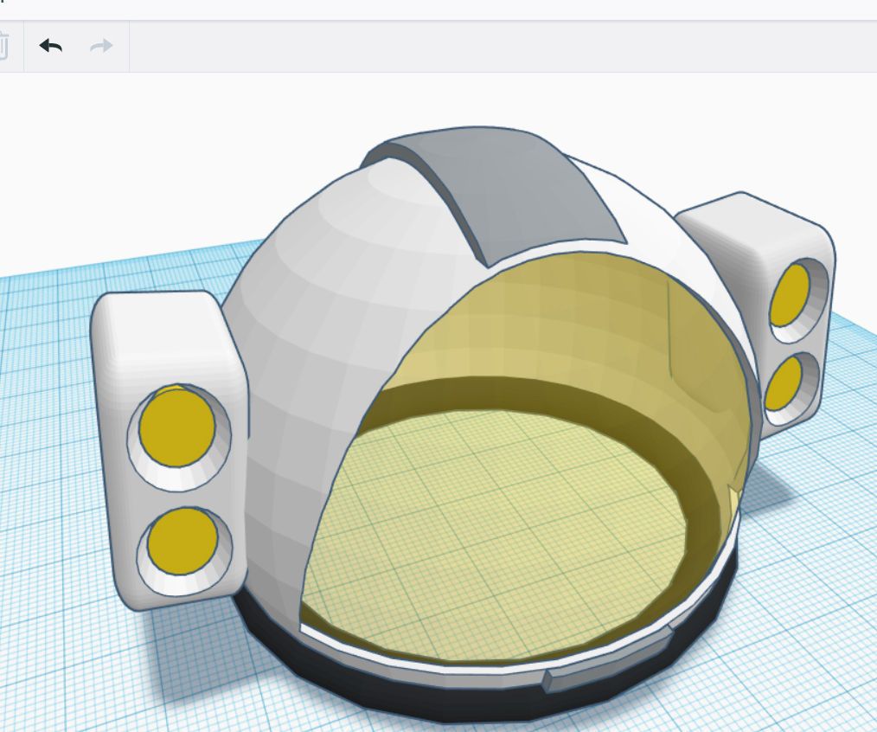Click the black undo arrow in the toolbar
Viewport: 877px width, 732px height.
pyautogui.click(x=51, y=46)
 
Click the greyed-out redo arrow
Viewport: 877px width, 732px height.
pyautogui.click(x=101, y=46)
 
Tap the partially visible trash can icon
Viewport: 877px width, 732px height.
pyautogui.click(x=3, y=46)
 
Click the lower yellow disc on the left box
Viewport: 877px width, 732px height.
pyautogui.click(x=182, y=539)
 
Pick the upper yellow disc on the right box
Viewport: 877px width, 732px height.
pyautogui.click(x=790, y=294)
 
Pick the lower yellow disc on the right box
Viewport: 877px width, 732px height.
pyautogui.click(x=782, y=382)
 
